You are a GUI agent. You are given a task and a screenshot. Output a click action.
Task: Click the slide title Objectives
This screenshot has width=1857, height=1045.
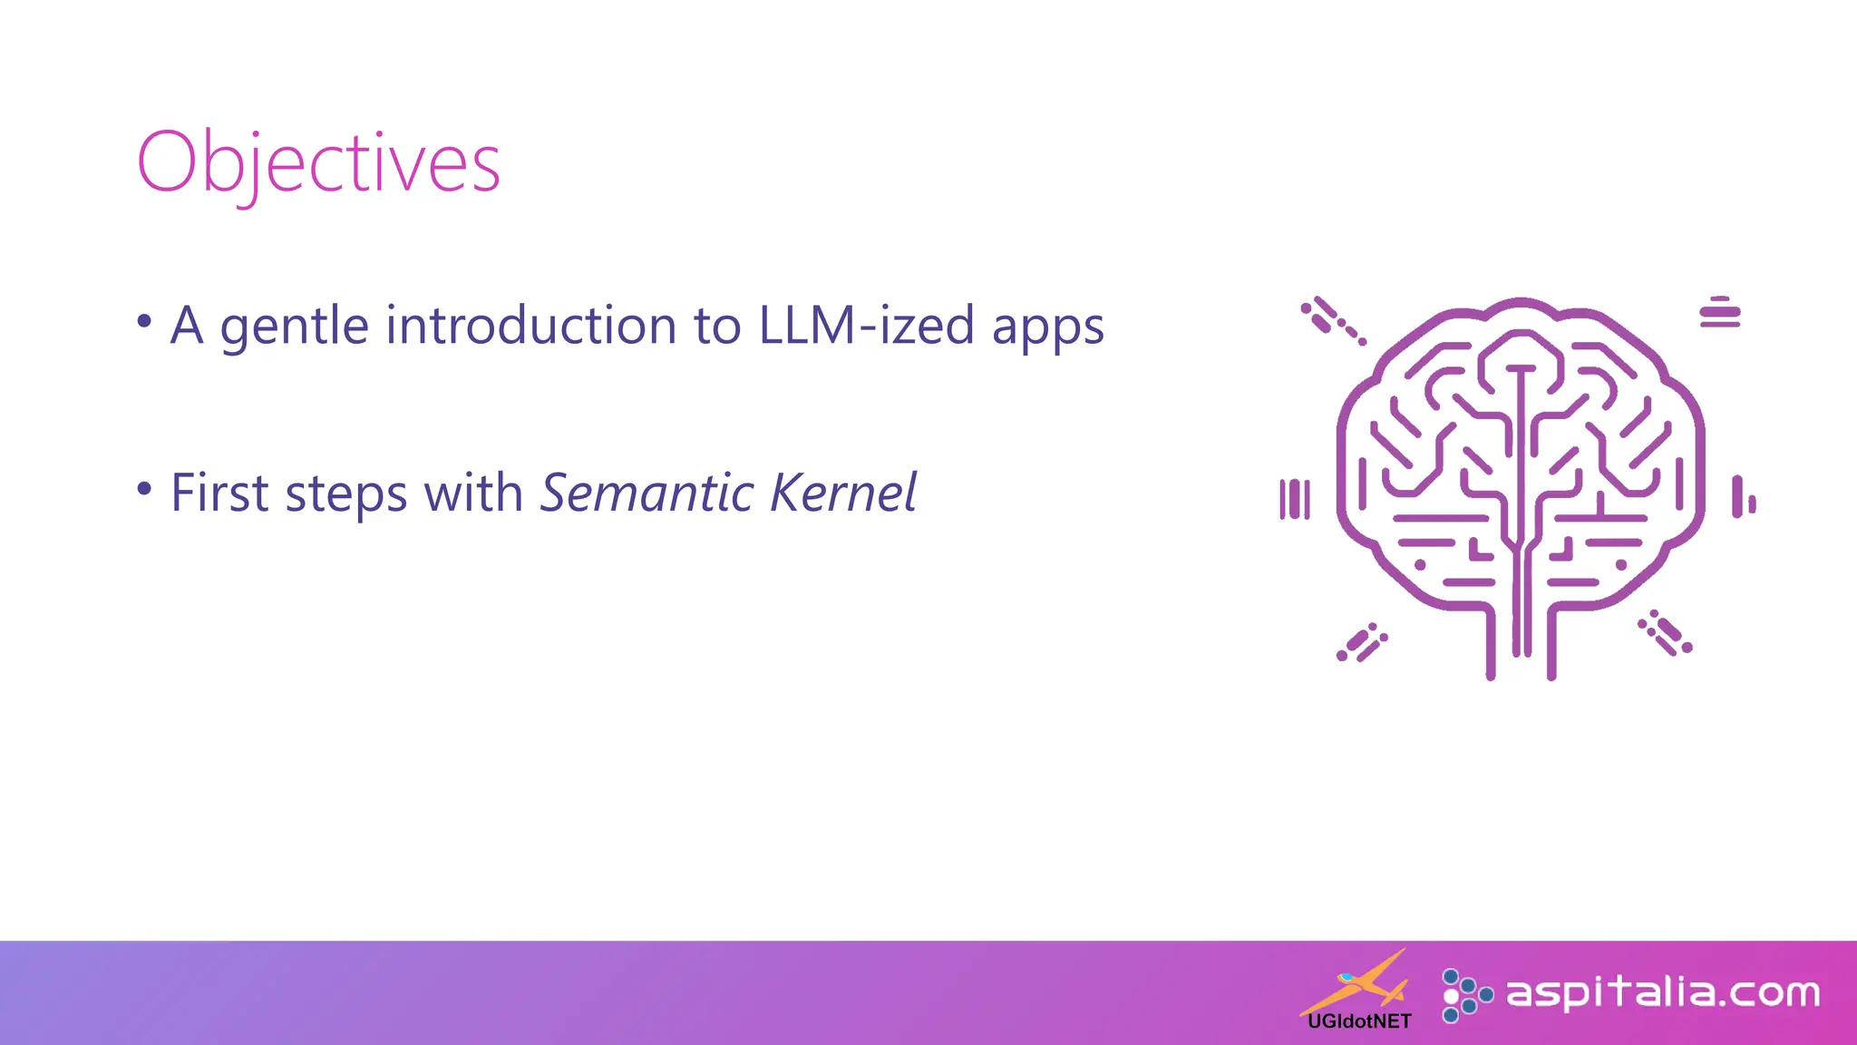click(318, 163)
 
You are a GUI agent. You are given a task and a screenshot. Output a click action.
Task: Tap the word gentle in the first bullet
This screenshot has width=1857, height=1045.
click(294, 327)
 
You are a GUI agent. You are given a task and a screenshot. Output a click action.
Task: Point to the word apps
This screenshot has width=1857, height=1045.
click(1047, 328)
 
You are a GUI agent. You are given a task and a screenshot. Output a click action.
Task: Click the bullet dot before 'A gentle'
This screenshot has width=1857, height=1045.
click(144, 321)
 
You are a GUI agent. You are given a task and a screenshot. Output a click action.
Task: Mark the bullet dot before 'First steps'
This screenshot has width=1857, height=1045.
click(144, 489)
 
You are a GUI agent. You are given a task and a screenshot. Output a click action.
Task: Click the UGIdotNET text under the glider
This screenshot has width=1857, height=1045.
click(1359, 1021)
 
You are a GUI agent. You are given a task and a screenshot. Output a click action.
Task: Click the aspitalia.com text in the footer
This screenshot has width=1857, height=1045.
click(1663, 992)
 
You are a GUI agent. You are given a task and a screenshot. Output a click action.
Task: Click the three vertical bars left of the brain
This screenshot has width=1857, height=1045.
click(1295, 499)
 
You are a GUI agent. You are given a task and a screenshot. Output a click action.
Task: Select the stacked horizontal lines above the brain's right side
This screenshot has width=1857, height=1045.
click(1719, 312)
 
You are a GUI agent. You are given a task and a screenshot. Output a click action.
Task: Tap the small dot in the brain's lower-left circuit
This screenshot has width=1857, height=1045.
click(1420, 565)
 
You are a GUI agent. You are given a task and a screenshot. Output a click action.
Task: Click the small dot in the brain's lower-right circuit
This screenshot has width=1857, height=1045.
click(1621, 565)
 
